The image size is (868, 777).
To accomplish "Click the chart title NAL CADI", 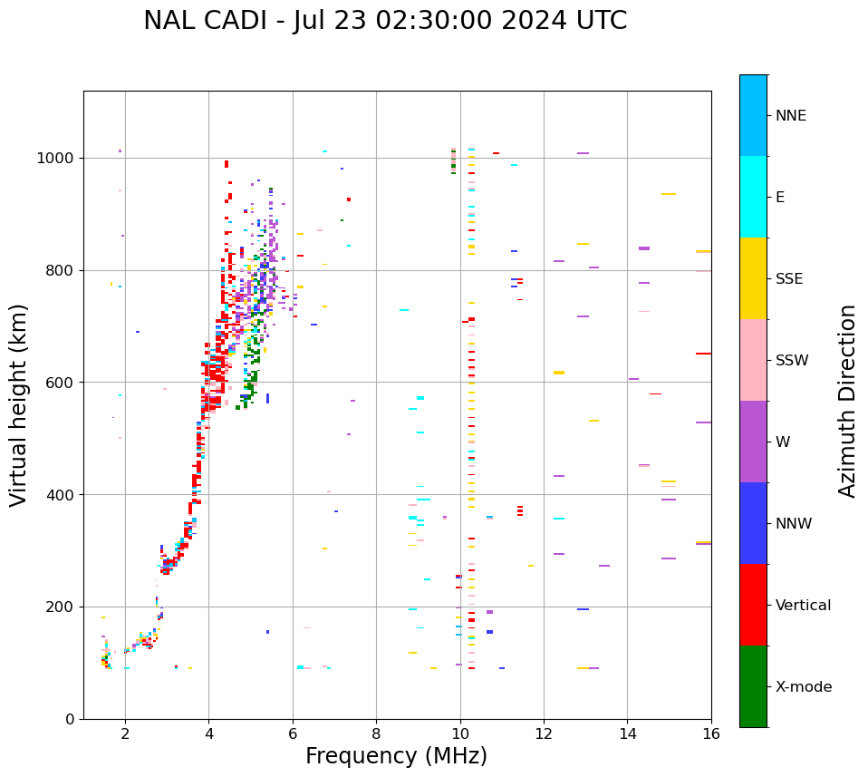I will coord(385,21).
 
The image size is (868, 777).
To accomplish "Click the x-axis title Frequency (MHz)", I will coord(396,756).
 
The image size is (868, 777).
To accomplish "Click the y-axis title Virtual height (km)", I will coord(19,404).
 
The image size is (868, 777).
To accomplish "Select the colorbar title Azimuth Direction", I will coord(847,401).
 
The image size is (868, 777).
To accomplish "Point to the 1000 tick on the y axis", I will coord(56,159).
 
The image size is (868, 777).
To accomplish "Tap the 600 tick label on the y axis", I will coord(60,383).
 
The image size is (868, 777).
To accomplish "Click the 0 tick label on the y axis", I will coord(69,719).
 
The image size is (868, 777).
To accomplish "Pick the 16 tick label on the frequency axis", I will coord(711,733).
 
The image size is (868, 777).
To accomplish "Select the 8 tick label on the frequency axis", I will coord(376,733).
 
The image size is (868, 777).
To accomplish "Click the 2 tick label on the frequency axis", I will coord(125,733).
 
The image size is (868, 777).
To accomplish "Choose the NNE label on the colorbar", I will coord(790,116).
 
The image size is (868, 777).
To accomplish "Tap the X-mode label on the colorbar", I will coord(803,687).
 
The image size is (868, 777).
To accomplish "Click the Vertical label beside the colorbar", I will coord(803,606).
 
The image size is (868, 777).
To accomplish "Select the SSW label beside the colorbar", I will coord(792,361).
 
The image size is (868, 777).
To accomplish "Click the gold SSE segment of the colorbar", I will coord(753,278).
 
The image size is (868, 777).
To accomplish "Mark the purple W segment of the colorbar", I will coord(753,442).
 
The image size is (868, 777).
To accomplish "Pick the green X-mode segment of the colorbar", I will coord(753,686).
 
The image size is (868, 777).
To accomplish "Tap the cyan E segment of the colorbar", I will coord(753,197).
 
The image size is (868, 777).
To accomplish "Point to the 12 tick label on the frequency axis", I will coord(544,733).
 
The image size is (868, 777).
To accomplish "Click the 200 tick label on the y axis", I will coord(60,607).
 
